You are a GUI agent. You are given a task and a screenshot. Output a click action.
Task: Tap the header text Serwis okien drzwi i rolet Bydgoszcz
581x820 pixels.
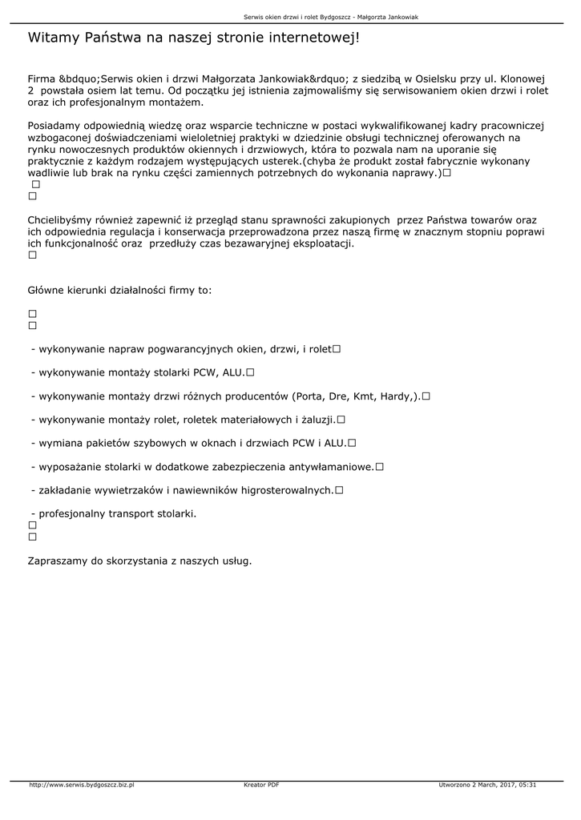pyautogui.click(x=293, y=17)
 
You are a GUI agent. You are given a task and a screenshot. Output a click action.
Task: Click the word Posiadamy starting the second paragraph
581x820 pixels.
pyautogui.click(x=56, y=127)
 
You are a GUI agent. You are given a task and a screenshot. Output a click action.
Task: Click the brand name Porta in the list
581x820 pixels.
pyautogui.click(x=309, y=396)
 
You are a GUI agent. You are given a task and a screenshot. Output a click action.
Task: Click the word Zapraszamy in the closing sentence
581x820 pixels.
pyautogui.click(x=58, y=561)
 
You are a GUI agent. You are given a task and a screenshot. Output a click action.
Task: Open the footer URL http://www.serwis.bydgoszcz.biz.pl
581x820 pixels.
pyautogui.click(x=81, y=785)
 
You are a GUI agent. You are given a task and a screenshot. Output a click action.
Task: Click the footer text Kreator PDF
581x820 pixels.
pyautogui.click(x=261, y=785)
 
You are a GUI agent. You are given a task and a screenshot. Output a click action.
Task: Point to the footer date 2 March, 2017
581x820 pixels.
pyautogui.click(x=490, y=785)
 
